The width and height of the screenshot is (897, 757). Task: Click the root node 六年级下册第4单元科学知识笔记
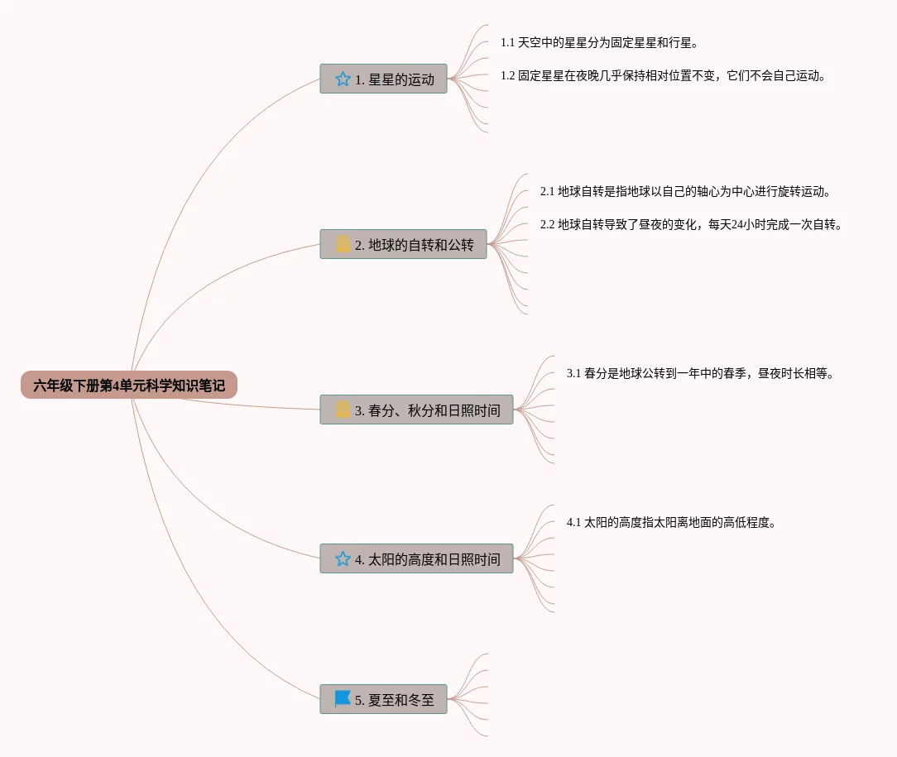(x=129, y=385)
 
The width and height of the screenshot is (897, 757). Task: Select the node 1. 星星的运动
(x=383, y=79)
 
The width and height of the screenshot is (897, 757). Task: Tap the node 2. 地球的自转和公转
(x=403, y=245)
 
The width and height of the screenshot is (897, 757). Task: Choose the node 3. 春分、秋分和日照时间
(x=416, y=410)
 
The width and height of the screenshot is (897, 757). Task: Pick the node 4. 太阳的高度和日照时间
(x=416, y=559)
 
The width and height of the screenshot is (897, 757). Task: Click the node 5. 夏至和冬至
(x=383, y=700)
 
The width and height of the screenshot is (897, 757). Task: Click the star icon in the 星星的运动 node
(x=343, y=79)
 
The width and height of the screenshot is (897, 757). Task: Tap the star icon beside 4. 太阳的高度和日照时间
(x=343, y=559)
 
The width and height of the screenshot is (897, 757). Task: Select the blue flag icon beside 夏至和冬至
(x=343, y=699)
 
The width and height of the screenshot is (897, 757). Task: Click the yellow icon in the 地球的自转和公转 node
(x=343, y=244)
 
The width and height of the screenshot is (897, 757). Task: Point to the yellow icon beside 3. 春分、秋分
(x=343, y=410)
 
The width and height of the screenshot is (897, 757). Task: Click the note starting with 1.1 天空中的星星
(x=599, y=42)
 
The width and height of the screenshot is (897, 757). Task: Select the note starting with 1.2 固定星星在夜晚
(x=663, y=75)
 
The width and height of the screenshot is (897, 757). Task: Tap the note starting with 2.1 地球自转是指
(x=685, y=191)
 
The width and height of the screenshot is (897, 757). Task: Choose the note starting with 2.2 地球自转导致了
(x=691, y=224)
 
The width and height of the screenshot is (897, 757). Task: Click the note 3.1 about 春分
(x=700, y=373)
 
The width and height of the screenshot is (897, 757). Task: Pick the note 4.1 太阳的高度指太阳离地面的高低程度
(x=670, y=522)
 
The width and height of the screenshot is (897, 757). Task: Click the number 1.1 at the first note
(x=507, y=42)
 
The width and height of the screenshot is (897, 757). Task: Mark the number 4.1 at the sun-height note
(x=573, y=522)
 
